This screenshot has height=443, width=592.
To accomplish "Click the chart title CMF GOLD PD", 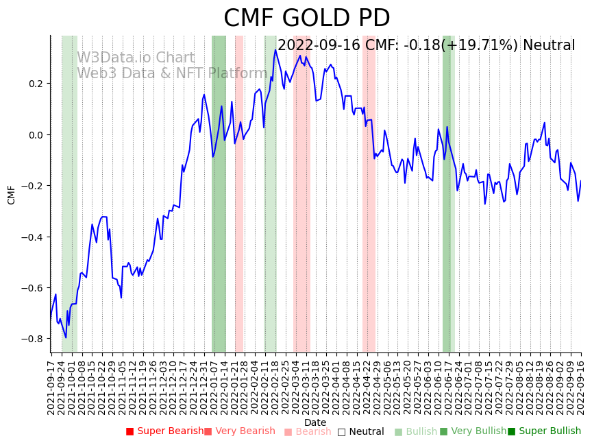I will point(306,19).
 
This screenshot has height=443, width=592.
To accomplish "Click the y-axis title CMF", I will point(12,195).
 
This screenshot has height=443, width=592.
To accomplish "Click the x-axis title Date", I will point(315,422).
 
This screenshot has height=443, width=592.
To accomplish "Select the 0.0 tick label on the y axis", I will point(34,135).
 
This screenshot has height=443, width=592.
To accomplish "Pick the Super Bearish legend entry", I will point(164,431).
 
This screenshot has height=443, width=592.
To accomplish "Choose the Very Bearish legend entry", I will point(239,431).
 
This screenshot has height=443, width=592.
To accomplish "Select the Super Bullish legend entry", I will point(544,431).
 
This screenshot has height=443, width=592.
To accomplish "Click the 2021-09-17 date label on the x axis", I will point(51,387).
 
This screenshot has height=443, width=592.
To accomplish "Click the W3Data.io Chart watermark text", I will point(136,58).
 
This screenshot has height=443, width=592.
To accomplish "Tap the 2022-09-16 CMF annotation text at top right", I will point(426,45).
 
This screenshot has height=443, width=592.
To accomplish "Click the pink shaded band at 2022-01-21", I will point(239,206).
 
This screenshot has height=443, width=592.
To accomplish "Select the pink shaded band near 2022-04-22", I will point(369,206).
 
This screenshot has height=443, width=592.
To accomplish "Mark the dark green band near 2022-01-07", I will point(219,206).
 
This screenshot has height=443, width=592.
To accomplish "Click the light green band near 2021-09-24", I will point(69,206).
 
